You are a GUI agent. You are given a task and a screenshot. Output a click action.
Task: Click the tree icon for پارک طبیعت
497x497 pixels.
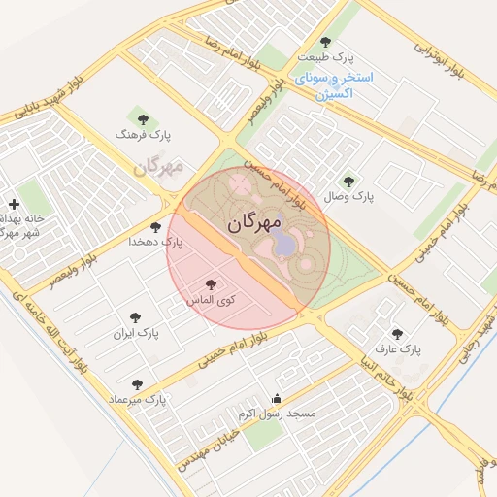click(325, 43)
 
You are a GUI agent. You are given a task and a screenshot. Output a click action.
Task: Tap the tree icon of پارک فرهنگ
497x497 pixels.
click(144, 119)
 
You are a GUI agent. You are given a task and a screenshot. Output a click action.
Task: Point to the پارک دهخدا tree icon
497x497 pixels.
click(155, 227)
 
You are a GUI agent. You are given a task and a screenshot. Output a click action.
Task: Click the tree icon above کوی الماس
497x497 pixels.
click(212, 284)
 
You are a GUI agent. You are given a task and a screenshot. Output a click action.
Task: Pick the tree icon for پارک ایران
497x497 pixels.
click(136, 317)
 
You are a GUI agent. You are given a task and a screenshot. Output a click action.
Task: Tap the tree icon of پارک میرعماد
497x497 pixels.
click(137, 384)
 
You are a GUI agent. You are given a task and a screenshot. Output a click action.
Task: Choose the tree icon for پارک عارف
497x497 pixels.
click(397, 333)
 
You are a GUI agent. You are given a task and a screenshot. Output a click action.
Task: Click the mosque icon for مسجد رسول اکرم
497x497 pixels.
click(278, 398)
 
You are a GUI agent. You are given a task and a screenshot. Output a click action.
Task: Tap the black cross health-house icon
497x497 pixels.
click(14, 204)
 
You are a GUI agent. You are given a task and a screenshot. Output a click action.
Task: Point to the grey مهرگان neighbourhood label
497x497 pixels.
click(158, 167)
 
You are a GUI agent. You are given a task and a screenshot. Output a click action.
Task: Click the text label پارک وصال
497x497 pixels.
click(349, 196)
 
